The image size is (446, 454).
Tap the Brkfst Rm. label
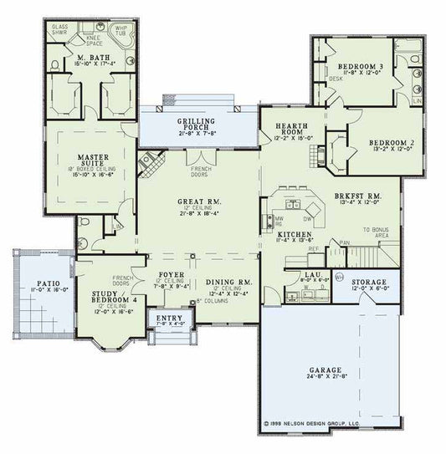click(x=357, y=196)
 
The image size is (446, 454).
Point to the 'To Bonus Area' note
click(x=377, y=232)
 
